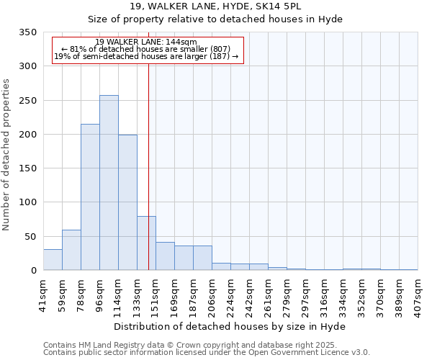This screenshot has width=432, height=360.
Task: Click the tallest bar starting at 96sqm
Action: pos(109,183)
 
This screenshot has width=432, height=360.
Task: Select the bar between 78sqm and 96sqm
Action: pos(90,197)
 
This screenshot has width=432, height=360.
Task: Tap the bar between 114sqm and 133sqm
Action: pos(127,202)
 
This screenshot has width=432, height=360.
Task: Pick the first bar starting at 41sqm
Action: pos(53,260)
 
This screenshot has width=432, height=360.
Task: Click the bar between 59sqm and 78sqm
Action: pos(71,250)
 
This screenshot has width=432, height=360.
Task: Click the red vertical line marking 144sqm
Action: pos(148,144)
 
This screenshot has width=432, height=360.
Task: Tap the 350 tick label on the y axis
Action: pos(28,33)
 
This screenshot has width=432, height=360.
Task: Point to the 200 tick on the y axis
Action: pos(28,135)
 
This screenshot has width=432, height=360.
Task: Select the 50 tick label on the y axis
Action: pos(30,237)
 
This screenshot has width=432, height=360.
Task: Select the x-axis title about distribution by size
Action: pos(230,327)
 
